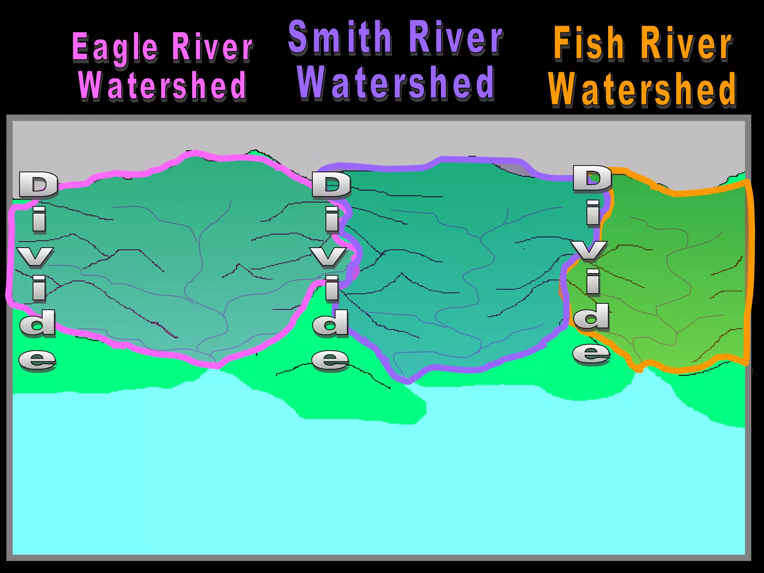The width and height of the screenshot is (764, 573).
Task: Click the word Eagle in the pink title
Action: (115, 47)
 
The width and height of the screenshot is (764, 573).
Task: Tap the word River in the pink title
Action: (212, 47)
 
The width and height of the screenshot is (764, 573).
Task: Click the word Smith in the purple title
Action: (340, 37)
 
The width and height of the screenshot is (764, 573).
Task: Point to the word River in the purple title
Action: (455, 37)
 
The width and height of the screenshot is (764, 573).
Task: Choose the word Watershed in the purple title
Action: (396, 83)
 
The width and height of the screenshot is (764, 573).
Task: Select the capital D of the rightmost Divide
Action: (592, 179)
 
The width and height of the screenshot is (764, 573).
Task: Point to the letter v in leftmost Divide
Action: (35, 257)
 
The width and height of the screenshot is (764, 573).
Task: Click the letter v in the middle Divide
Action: (328, 257)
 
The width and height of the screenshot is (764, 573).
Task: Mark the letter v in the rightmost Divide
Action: (589, 251)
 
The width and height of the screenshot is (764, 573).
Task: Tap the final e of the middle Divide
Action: (331, 360)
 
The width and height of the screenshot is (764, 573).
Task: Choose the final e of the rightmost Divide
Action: (591, 354)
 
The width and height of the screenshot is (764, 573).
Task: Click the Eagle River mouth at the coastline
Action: (215, 364)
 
